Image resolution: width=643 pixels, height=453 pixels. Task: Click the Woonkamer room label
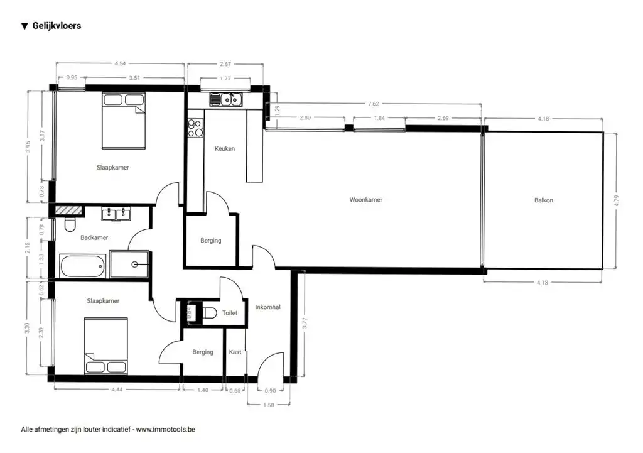pos(365,200)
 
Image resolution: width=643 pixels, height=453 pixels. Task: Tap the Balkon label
pos(543,200)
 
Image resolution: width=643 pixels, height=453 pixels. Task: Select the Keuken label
pos(225,149)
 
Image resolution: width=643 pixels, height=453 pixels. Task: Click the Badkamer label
pos(94,237)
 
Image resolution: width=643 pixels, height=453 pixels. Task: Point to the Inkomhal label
pos(267,307)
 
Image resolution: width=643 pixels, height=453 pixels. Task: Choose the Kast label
pos(235,352)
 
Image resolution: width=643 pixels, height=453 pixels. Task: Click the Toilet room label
pos(229,313)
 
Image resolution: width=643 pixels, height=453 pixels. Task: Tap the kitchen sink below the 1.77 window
pos(226,99)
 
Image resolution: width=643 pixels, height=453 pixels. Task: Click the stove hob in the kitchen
pos(195,128)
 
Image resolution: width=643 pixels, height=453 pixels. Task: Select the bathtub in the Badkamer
pos(82,266)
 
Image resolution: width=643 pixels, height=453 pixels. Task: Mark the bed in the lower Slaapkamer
pos(105,346)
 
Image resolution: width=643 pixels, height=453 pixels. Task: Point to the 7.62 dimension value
pos(373,104)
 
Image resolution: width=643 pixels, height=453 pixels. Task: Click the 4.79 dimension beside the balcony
pos(616,201)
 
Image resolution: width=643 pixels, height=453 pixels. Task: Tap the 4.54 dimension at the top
pos(120,63)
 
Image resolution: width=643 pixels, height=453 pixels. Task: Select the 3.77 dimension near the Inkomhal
pos(305,324)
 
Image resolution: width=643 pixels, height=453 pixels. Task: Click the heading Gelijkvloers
pos(57,26)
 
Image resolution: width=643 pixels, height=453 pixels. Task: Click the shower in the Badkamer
pos(130,265)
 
